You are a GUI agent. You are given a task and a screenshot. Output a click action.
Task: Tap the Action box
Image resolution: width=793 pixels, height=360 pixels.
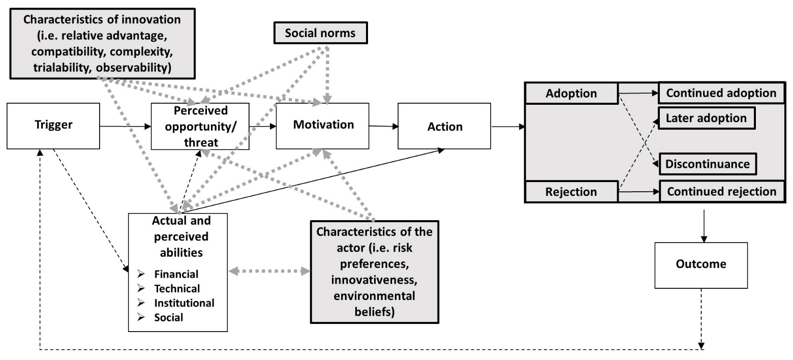pos(444,126)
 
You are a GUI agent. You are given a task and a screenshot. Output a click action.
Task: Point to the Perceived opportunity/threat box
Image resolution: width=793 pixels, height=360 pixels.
pos(200,126)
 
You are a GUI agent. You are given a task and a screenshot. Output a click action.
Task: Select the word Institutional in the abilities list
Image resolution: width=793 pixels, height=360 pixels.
pos(185,303)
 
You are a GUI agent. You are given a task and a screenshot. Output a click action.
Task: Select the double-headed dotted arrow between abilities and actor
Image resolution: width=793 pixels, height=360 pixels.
pos(269,272)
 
